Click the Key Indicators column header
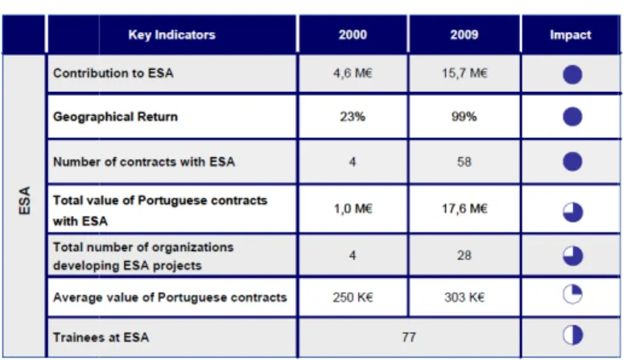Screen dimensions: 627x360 tap(171, 35)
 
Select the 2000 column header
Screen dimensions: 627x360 tap(353, 35)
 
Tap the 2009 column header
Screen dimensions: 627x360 tap(464, 35)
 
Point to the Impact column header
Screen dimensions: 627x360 tap(570, 35)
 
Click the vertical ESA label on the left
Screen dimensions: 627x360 tap(24, 201)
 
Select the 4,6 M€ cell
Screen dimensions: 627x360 tap(353, 73)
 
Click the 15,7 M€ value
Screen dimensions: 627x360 tap(464, 73)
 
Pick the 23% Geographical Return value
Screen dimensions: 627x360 tap(353, 117)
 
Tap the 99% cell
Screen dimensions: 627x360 tap(464, 117)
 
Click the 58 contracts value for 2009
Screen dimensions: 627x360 tap(464, 162)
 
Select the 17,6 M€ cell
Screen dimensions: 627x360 tap(464, 209)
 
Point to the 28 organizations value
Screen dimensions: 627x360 tap(464, 255)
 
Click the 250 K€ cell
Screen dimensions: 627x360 tap(353, 297)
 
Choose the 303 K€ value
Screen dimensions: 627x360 tap(464, 297)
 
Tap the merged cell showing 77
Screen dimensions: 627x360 tap(409, 337)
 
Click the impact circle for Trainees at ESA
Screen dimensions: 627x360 tap(572, 335)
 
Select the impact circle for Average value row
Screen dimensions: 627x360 tap(572, 295)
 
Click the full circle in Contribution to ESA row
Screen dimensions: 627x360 tap(572, 74)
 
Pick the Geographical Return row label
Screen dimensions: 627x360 tap(115, 117)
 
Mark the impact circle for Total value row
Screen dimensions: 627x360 tap(572, 212)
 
